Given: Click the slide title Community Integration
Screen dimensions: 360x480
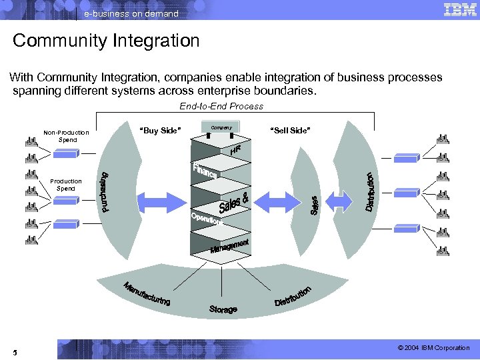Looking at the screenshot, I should tap(106, 41).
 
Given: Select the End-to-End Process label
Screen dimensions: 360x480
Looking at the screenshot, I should tap(221, 106).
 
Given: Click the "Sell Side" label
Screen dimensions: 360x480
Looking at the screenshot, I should tap(289, 131).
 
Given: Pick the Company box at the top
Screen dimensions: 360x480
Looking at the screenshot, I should tap(221, 127).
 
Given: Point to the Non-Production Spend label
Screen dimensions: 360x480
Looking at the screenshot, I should tap(66, 136).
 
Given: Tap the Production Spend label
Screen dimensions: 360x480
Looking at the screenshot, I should tap(66, 185).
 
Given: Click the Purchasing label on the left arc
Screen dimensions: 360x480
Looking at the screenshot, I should tap(105, 193).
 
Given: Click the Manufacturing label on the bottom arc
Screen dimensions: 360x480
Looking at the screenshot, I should tap(147, 295).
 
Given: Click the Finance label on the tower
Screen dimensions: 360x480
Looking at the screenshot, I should tap(205, 170).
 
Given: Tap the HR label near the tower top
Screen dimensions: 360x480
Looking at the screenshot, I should tap(235, 150).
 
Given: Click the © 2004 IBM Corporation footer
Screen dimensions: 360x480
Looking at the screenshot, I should tap(433, 348).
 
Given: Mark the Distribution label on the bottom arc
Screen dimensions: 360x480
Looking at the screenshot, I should tap(293, 297).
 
